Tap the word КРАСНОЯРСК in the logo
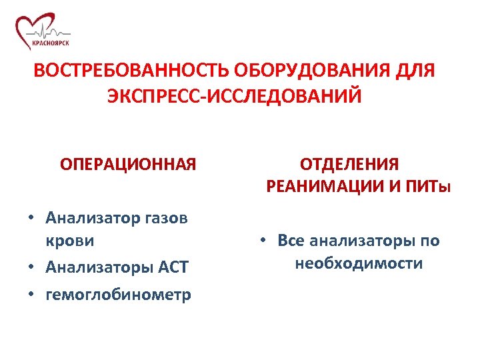point(49,43)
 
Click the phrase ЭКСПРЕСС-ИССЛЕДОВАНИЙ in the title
point(235,96)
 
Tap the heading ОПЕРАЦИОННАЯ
point(128,164)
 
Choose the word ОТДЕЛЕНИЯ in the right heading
point(349,164)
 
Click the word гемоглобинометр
point(118,294)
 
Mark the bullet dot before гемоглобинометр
point(31,294)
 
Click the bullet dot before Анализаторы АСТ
point(31,267)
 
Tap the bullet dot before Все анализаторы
point(264,240)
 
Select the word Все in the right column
point(292,240)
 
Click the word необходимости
point(359,263)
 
